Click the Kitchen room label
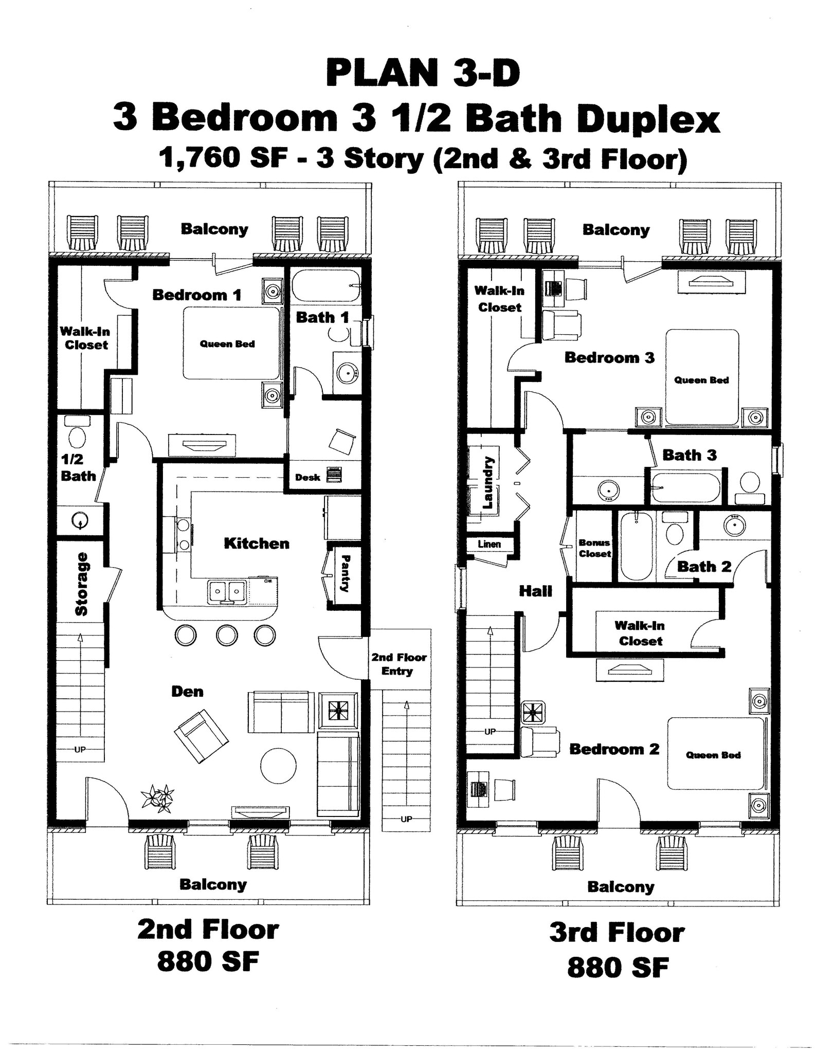click(x=256, y=543)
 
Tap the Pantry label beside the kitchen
click(x=346, y=573)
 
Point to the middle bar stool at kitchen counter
click(x=227, y=635)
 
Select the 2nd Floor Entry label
click(x=399, y=664)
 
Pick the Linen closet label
click(x=489, y=544)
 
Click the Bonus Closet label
click(x=594, y=548)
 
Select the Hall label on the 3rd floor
click(x=535, y=591)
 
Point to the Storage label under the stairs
click(x=81, y=584)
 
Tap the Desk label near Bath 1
click(x=307, y=477)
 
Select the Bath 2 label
click(x=704, y=567)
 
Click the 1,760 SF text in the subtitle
click(x=222, y=157)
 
